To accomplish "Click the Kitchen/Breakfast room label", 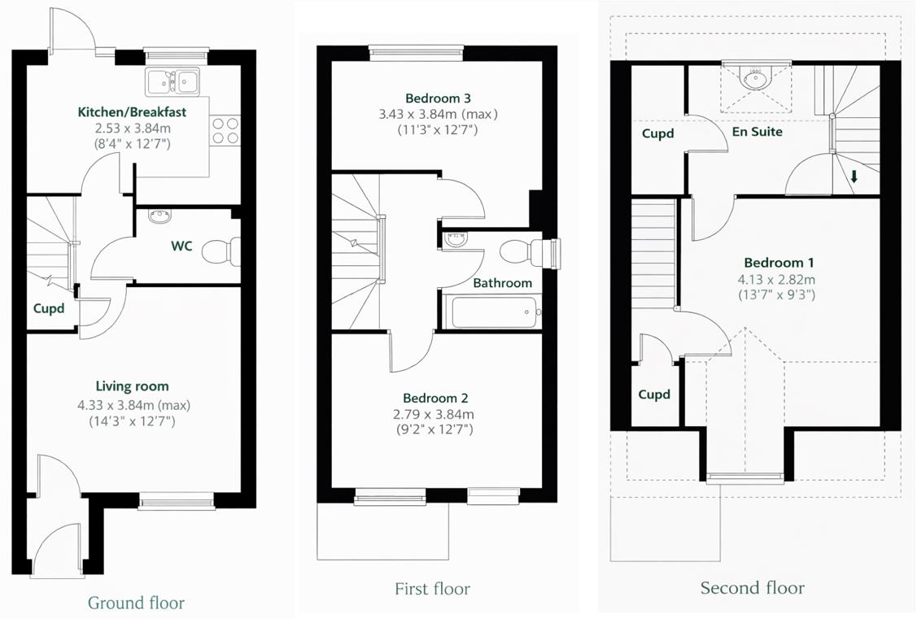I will pyautogui.click(x=133, y=111).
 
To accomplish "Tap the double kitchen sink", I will pyautogui.click(x=173, y=81).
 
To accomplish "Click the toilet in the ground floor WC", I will pyautogui.click(x=220, y=251).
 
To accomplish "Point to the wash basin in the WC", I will pyautogui.click(x=159, y=216).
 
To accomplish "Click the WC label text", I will pyautogui.click(x=181, y=246).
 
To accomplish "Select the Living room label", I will pyautogui.click(x=133, y=386).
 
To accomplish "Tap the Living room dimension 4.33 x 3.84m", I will pyautogui.click(x=133, y=404).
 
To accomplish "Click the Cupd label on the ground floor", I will pyautogui.click(x=49, y=308).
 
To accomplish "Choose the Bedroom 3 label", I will pyautogui.click(x=438, y=98).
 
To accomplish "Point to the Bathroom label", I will pyautogui.click(x=503, y=283).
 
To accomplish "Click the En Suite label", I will pyautogui.click(x=758, y=131).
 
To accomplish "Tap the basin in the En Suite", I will pyautogui.click(x=756, y=79).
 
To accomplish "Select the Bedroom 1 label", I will pyautogui.click(x=779, y=263).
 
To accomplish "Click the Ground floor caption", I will pyautogui.click(x=136, y=603).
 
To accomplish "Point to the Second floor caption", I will pyautogui.click(x=753, y=587).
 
